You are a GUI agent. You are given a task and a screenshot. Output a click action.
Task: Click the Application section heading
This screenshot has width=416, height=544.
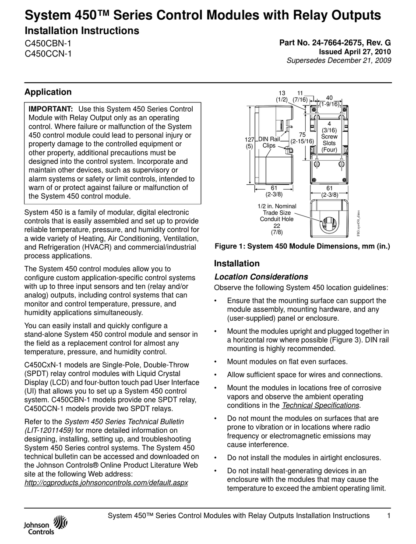click(48, 92)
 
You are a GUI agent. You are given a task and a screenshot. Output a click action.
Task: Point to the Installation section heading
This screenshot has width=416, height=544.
click(236, 263)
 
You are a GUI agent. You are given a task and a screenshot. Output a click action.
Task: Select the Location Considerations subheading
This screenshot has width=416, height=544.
click(261, 277)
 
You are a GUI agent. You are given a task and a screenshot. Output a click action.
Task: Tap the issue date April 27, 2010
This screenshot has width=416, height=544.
click(367, 52)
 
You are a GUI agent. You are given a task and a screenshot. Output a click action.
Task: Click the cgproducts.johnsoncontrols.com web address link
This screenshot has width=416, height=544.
click(106, 482)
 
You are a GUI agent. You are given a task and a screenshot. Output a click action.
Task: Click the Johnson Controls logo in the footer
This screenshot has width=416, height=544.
click(46, 526)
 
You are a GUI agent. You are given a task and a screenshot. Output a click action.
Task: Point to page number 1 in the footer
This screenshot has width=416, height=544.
click(389, 516)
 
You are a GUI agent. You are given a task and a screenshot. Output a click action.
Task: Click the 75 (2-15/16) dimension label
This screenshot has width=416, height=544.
click(303, 138)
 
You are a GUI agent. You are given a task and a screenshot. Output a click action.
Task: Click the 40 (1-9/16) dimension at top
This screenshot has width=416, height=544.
click(329, 101)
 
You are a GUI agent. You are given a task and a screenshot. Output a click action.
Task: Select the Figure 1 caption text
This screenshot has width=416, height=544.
click(302, 246)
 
